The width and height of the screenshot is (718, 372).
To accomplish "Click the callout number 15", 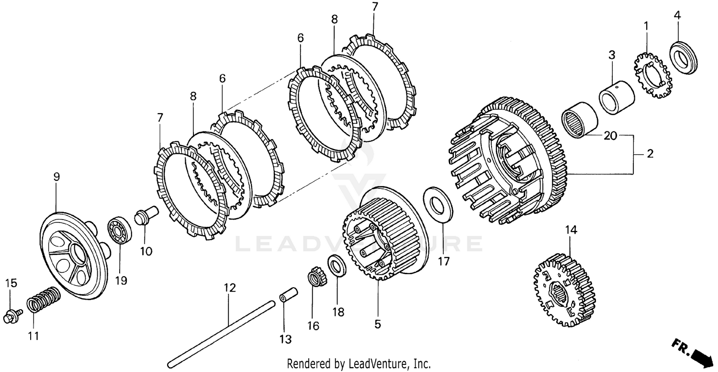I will coord(11,283).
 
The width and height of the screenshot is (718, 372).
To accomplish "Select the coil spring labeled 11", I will coord(44,300).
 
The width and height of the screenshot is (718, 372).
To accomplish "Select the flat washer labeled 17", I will coord(437,205).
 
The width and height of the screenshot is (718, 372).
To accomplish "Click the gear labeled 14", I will coord(564,290).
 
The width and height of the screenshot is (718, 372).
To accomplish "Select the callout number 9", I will coord(56,177).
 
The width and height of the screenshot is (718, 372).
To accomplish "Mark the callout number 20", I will coord(610,136).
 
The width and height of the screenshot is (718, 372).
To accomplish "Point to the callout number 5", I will coord(378,324).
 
